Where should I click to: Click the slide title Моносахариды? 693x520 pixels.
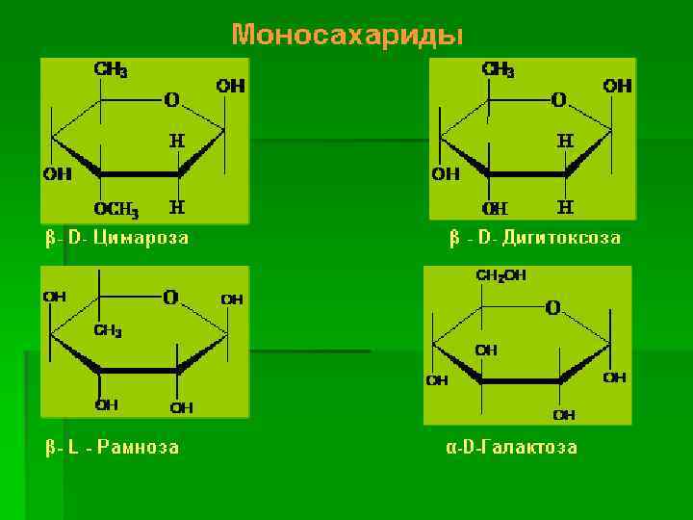(x=346, y=36)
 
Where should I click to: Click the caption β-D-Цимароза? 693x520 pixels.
(x=116, y=237)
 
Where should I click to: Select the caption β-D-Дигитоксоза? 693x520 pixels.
(x=535, y=237)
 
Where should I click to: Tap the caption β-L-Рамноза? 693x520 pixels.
(x=112, y=447)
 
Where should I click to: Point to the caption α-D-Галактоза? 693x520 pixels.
(x=511, y=447)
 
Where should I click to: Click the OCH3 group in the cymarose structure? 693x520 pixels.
(x=116, y=211)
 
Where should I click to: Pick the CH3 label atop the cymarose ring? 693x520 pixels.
(x=111, y=70)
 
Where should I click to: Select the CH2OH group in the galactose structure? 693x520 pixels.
(x=501, y=275)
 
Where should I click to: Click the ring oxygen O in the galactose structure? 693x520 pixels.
(x=552, y=308)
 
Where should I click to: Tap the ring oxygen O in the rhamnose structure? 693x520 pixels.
(x=170, y=298)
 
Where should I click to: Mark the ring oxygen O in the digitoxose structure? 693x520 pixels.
(x=558, y=99)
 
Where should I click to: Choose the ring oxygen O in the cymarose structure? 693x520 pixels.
(x=170, y=99)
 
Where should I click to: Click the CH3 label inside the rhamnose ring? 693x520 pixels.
(x=107, y=330)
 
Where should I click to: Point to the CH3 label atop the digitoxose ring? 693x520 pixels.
(x=498, y=70)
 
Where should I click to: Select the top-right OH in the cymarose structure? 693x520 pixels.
(x=231, y=86)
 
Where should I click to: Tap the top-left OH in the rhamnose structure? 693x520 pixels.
(x=54, y=298)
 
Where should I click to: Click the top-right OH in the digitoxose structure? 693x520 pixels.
(x=618, y=86)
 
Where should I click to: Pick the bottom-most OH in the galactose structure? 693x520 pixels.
(x=564, y=415)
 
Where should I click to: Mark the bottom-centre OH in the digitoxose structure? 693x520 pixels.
(x=496, y=208)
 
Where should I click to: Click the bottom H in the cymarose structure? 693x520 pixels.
(x=177, y=206)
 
